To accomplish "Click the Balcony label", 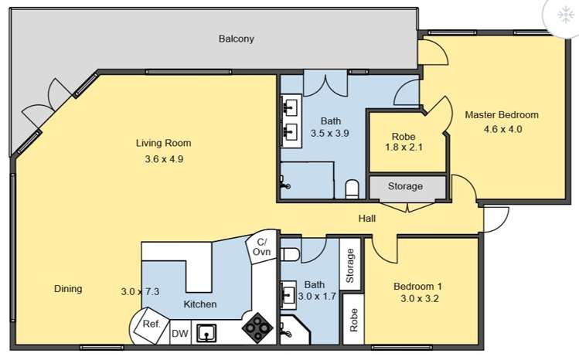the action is (237, 39).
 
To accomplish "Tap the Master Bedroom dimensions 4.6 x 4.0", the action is (502, 129).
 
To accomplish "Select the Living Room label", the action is (164, 143).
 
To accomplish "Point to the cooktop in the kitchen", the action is (257, 328).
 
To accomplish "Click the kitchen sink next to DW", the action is (206, 333).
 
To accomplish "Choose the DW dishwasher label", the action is (180, 334).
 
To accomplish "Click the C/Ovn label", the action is (262, 246).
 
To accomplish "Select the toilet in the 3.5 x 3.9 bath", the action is (352, 188).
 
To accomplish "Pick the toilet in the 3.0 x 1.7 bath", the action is (290, 254).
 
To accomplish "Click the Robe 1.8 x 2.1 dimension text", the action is (404, 148).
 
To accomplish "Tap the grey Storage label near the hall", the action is (405, 186).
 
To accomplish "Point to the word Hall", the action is (367, 219).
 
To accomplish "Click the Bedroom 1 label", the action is (417, 287).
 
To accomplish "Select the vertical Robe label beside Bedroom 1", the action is (353, 320).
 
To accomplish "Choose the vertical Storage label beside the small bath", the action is (349, 266).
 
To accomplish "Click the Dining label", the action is (68, 289).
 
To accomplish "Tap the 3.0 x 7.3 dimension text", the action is (141, 292).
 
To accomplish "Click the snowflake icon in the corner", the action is (565, 15).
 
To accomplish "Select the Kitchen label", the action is (200, 304).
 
